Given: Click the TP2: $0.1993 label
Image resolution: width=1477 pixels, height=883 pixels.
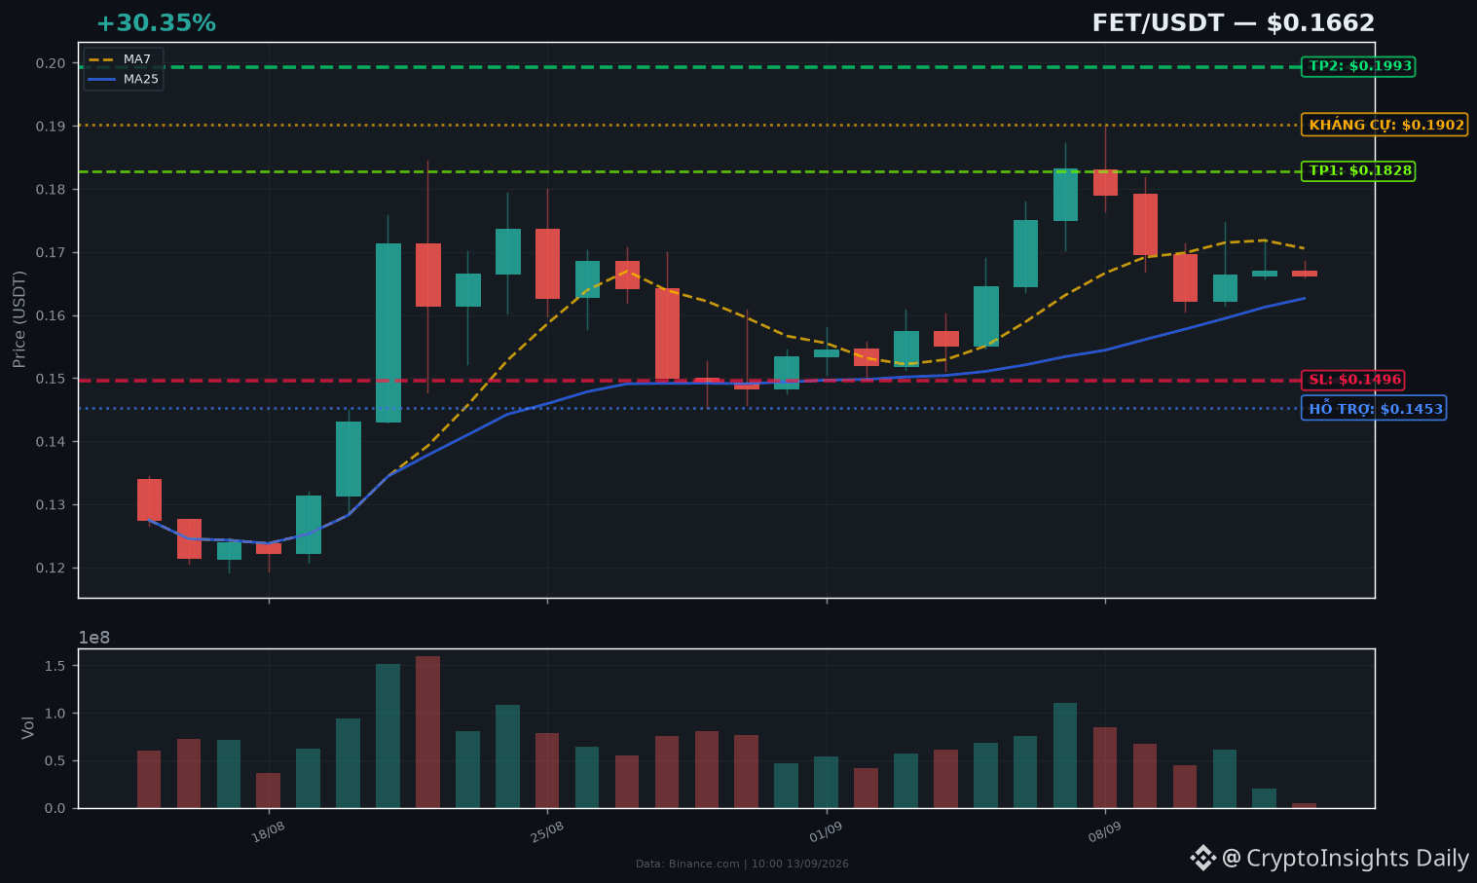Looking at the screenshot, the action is (1357, 66).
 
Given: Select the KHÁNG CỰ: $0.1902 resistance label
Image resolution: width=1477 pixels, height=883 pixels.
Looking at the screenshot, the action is (1385, 125).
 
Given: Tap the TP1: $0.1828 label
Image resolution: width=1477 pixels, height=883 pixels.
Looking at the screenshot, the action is (1357, 170).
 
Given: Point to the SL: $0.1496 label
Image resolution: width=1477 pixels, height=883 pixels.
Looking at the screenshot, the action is (1353, 380).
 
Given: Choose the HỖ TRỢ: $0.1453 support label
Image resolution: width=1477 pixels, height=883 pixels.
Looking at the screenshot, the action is (1374, 409).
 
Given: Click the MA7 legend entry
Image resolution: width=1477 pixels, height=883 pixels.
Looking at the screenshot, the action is (123, 60).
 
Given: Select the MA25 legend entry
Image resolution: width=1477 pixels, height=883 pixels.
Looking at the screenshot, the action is (123, 79).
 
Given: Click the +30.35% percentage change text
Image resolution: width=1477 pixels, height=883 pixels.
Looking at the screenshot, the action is (157, 23).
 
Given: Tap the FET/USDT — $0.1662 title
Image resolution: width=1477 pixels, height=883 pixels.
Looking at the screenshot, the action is (1233, 23).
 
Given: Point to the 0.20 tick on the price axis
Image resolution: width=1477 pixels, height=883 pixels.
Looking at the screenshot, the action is (51, 63).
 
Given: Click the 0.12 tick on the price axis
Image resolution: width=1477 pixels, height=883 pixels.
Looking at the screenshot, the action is (51, 568).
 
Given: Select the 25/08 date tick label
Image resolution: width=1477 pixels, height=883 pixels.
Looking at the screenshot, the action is (547, 832).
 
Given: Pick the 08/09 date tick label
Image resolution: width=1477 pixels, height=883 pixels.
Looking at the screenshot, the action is (1104, 832).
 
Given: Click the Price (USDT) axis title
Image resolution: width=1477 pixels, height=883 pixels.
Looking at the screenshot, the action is (18, 319).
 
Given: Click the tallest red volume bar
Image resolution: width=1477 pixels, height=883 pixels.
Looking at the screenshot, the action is (428, 732).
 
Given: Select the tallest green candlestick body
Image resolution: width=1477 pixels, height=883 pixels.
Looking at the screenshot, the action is (388, 333).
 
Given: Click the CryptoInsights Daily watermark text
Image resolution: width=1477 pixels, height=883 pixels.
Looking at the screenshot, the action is (1357, 858).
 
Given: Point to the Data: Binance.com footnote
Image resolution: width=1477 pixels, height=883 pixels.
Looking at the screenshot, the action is (742, 864).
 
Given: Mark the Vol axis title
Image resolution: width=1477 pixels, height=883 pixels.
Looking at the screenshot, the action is (27, 728).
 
